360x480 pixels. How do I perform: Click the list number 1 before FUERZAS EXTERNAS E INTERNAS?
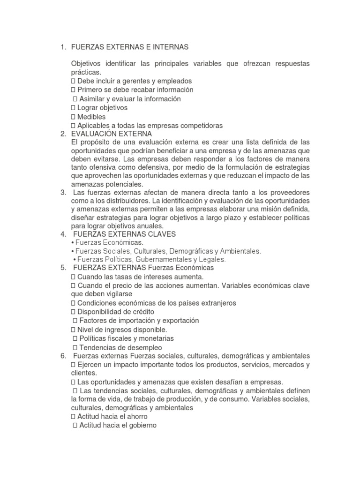point(62,47)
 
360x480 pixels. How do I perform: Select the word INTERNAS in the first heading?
point(171,47)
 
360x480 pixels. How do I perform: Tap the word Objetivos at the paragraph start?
point(88,63)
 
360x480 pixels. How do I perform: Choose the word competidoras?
point(199,126)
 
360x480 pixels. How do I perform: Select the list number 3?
point(63,193)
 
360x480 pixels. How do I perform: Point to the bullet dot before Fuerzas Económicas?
point(73,242)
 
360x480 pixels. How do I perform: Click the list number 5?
point(63,268)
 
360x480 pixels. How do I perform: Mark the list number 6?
point(63,356)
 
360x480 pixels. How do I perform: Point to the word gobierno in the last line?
point(140,426)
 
